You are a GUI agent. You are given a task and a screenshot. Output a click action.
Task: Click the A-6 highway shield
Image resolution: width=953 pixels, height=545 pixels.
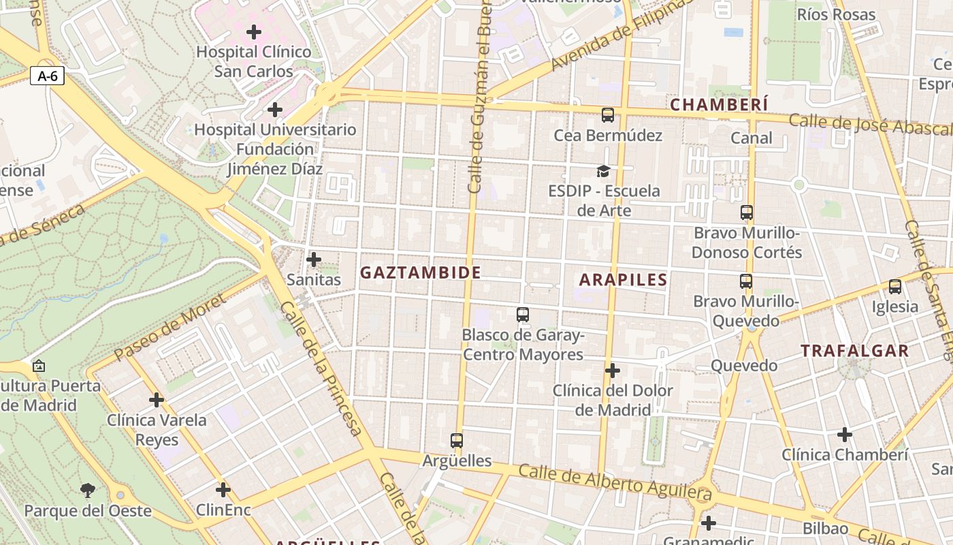[47, 76]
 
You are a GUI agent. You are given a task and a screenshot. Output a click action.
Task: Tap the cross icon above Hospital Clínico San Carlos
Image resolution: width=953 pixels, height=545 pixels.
[254, 32]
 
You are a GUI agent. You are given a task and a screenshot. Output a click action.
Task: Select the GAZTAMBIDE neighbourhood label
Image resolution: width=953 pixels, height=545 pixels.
[420, 273]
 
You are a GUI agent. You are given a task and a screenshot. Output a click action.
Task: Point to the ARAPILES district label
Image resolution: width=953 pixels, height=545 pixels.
[623, 280]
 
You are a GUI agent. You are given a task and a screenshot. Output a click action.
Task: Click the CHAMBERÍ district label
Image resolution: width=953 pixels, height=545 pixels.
[719, 105]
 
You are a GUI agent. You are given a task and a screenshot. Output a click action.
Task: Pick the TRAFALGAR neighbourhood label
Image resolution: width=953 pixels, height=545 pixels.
[854, 352]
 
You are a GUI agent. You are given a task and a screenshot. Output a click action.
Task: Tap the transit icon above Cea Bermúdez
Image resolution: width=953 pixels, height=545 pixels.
[608, 115]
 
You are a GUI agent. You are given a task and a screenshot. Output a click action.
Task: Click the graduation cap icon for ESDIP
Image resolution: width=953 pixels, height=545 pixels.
[603, 170]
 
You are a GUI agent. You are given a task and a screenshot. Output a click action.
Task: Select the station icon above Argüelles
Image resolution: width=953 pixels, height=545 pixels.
[457, 441]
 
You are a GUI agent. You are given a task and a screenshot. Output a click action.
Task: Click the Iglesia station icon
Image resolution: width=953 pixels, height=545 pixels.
[895, 287]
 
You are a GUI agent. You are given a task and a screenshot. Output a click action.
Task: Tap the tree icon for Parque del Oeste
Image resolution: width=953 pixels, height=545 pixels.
[88, 490]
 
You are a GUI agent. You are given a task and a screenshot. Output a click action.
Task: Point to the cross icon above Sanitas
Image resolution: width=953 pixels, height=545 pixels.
[314, 260]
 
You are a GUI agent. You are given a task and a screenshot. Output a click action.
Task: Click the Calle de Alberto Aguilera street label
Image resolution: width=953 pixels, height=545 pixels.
[615, 482]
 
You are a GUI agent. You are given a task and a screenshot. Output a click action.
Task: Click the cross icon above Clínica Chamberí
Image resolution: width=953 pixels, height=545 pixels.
[845, 434]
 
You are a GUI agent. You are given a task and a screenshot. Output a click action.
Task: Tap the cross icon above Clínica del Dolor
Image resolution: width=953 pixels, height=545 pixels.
[613, 371]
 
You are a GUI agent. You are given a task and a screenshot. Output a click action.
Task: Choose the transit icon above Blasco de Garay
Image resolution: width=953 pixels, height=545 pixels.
[523, 315]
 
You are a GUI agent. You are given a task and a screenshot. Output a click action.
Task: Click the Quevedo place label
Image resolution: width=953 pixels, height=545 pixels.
[744, 366]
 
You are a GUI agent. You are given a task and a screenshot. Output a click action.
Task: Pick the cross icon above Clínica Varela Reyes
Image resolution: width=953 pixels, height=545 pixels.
[157, 400]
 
